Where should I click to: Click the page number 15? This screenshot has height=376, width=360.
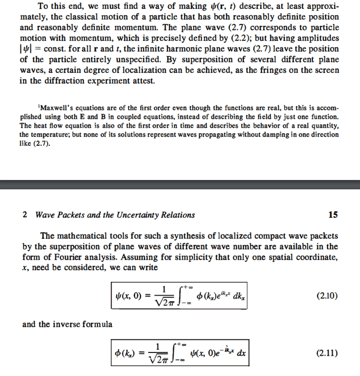(333, 215)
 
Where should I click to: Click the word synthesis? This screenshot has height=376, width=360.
(174, 235)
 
